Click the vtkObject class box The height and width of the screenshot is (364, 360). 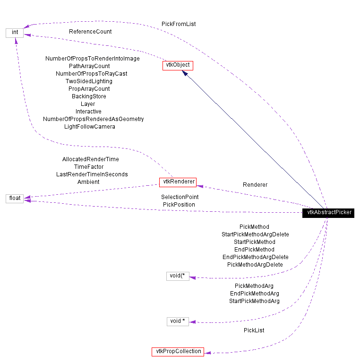point(178,66)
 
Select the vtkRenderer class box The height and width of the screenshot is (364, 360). point(177,182)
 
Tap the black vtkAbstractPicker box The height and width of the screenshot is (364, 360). point(329,213)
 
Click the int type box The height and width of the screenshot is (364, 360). point(15,33)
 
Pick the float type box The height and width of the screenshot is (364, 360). point(15,198)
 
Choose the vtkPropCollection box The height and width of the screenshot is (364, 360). point(178,351)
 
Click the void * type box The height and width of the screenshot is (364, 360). point(178,321)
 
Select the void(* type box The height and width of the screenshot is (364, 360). point(178,276)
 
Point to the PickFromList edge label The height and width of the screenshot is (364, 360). point(179,24)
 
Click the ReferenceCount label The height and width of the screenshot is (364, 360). point(90,32)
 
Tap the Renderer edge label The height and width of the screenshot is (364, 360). point(255,185)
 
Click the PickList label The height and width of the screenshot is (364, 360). point(254,330)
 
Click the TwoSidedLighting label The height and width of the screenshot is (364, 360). point(89,81)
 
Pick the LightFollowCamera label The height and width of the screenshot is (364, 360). point(90,127)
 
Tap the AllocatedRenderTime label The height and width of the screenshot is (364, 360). point(91,159)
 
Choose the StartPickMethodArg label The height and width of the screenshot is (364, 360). point(254,301)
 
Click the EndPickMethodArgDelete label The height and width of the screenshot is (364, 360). point(255,257)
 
